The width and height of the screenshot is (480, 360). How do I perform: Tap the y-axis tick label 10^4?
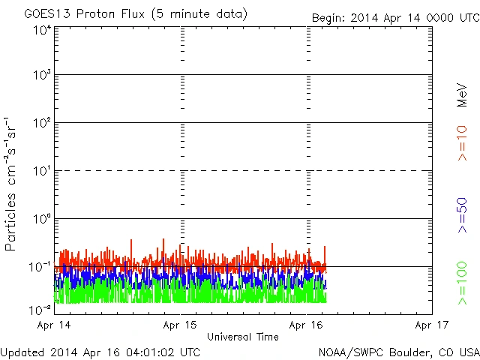(x=41, y=30)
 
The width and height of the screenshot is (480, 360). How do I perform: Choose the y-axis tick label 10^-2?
(x=40, y=309)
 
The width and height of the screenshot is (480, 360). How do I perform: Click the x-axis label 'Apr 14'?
(x=55, y=325)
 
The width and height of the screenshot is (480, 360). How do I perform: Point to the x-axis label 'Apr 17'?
(x=430, y=325)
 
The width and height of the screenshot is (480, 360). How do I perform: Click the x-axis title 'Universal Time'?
(x=243, y=337)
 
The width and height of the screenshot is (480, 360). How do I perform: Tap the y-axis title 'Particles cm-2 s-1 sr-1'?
(x=12, y=184)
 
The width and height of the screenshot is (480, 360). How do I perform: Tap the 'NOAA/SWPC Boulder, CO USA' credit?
(x=398, y=351)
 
